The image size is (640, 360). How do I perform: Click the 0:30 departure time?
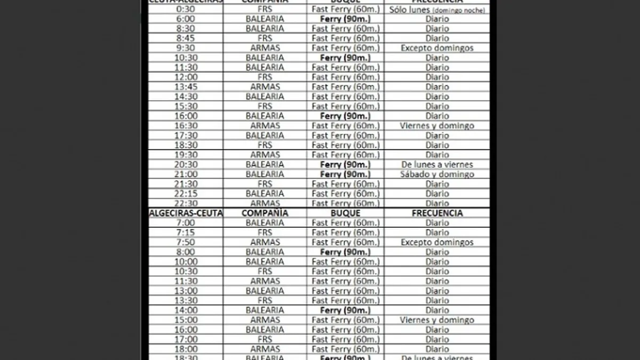[186, 9]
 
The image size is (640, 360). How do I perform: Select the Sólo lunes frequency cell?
[437, 10]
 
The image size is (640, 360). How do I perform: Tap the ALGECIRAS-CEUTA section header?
[186, 213]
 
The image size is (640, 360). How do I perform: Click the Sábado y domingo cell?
[437, 174]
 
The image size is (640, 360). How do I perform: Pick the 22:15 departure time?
[186, 194]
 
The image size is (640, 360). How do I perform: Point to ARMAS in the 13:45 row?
[265, 87]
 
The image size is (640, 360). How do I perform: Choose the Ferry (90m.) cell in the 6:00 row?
[345, 19]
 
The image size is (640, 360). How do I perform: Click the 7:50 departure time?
[186, 242]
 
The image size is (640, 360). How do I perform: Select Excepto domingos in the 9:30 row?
[437, 48]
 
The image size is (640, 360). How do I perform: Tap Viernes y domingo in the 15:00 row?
[437, 320]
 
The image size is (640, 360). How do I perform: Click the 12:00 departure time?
[186, 77]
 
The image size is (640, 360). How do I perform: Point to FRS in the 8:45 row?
[265, 38]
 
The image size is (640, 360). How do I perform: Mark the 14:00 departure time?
[186, 310]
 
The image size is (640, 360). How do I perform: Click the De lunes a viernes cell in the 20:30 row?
[437, 164]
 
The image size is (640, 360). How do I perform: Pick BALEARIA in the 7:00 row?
[265, 222]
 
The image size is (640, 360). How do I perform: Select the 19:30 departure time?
[186, 155]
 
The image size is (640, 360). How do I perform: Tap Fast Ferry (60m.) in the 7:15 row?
[345, 233]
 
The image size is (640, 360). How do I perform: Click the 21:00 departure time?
[186, 174]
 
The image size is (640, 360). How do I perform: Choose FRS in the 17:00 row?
[265, 339]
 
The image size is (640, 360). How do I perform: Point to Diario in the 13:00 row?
[437, 291]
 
